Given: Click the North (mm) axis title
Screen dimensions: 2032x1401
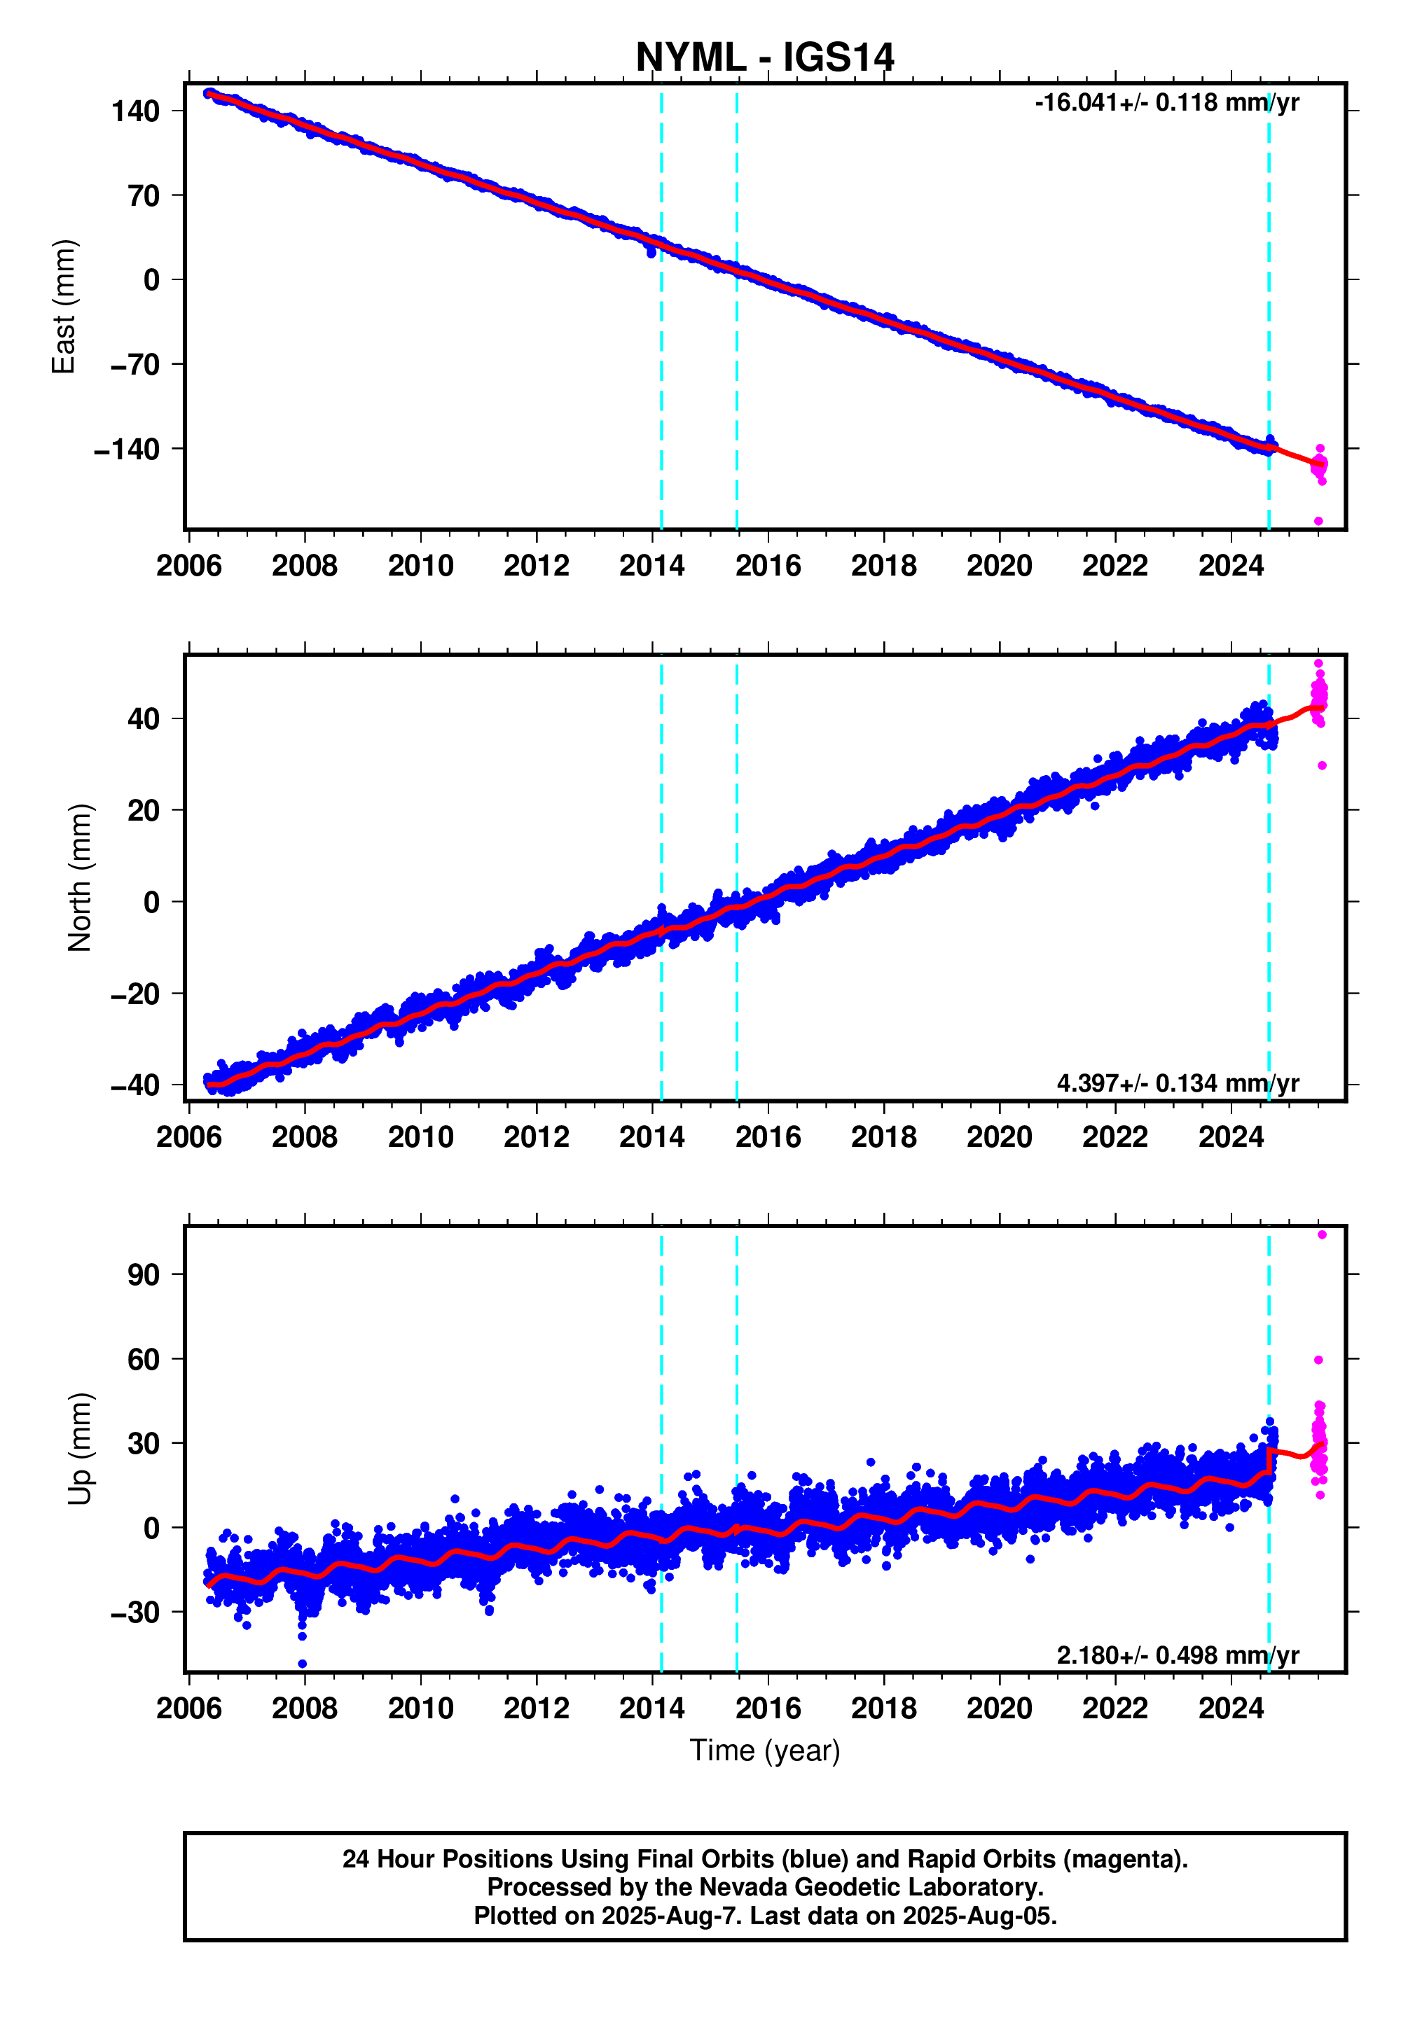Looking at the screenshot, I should point(79,877).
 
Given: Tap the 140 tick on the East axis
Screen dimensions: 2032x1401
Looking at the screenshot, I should point(135,111).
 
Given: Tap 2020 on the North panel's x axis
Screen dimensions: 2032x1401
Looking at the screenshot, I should point(999,1137).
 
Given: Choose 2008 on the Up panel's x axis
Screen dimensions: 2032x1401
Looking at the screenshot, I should point(304,1709).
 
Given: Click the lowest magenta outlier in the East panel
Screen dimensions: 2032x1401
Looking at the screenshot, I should point(1318,521).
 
